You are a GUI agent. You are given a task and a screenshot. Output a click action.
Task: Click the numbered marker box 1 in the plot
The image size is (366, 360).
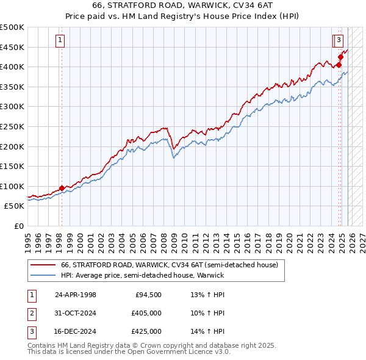pos(61,41)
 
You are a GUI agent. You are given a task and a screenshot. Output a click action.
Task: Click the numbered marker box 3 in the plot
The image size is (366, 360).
pos(337,41)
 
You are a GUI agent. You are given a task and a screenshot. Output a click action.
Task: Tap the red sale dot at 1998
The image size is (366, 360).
pos(62,188)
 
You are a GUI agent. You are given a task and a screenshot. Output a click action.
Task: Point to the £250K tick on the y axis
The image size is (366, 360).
pos(12,126)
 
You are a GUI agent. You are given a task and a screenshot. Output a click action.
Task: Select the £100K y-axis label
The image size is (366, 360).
pos(12,186)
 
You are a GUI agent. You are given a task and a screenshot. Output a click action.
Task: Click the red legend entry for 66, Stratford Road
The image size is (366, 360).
pos(170,265)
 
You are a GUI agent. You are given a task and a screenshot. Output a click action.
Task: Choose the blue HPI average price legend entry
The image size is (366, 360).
pos(142,275)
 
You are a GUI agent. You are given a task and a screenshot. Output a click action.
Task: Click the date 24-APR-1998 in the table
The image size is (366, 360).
pos(76,295)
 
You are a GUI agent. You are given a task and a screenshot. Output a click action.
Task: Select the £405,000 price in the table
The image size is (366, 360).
pos(146,313)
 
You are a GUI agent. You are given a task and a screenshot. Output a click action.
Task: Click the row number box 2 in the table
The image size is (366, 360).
pos(30,313)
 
